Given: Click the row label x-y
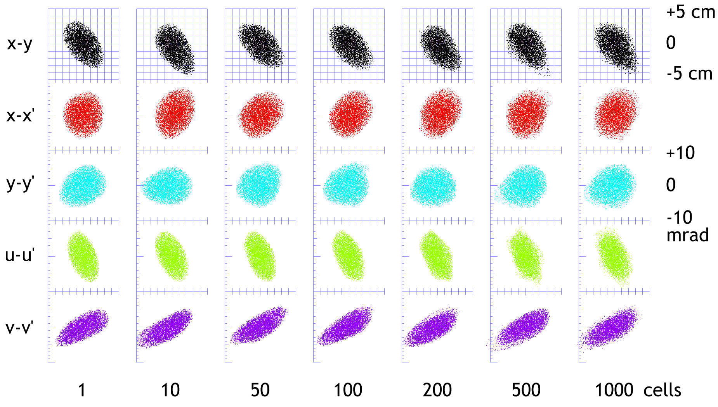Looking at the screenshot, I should click(x=19, y=44).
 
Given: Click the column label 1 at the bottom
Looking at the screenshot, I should click(x=82, y=390).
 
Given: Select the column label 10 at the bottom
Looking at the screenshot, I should click(x=170, y=390).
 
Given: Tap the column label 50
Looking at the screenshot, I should click(x=260, y=390).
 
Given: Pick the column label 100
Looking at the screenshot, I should click(x=348, y=390).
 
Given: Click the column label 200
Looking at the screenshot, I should click(x=437, y=390).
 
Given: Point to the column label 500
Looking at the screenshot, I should click(x=526, y=390).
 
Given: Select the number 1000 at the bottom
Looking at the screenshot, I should click(x=614, y=390).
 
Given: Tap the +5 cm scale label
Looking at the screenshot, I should click(x=690, y=12).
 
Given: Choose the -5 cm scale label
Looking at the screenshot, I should click(x=689, y=74).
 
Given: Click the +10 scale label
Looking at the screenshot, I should click(x=680, y=153).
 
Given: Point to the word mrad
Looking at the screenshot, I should click(x=687, y=235).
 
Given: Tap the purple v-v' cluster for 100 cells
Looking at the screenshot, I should click(x=345, y=326).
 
